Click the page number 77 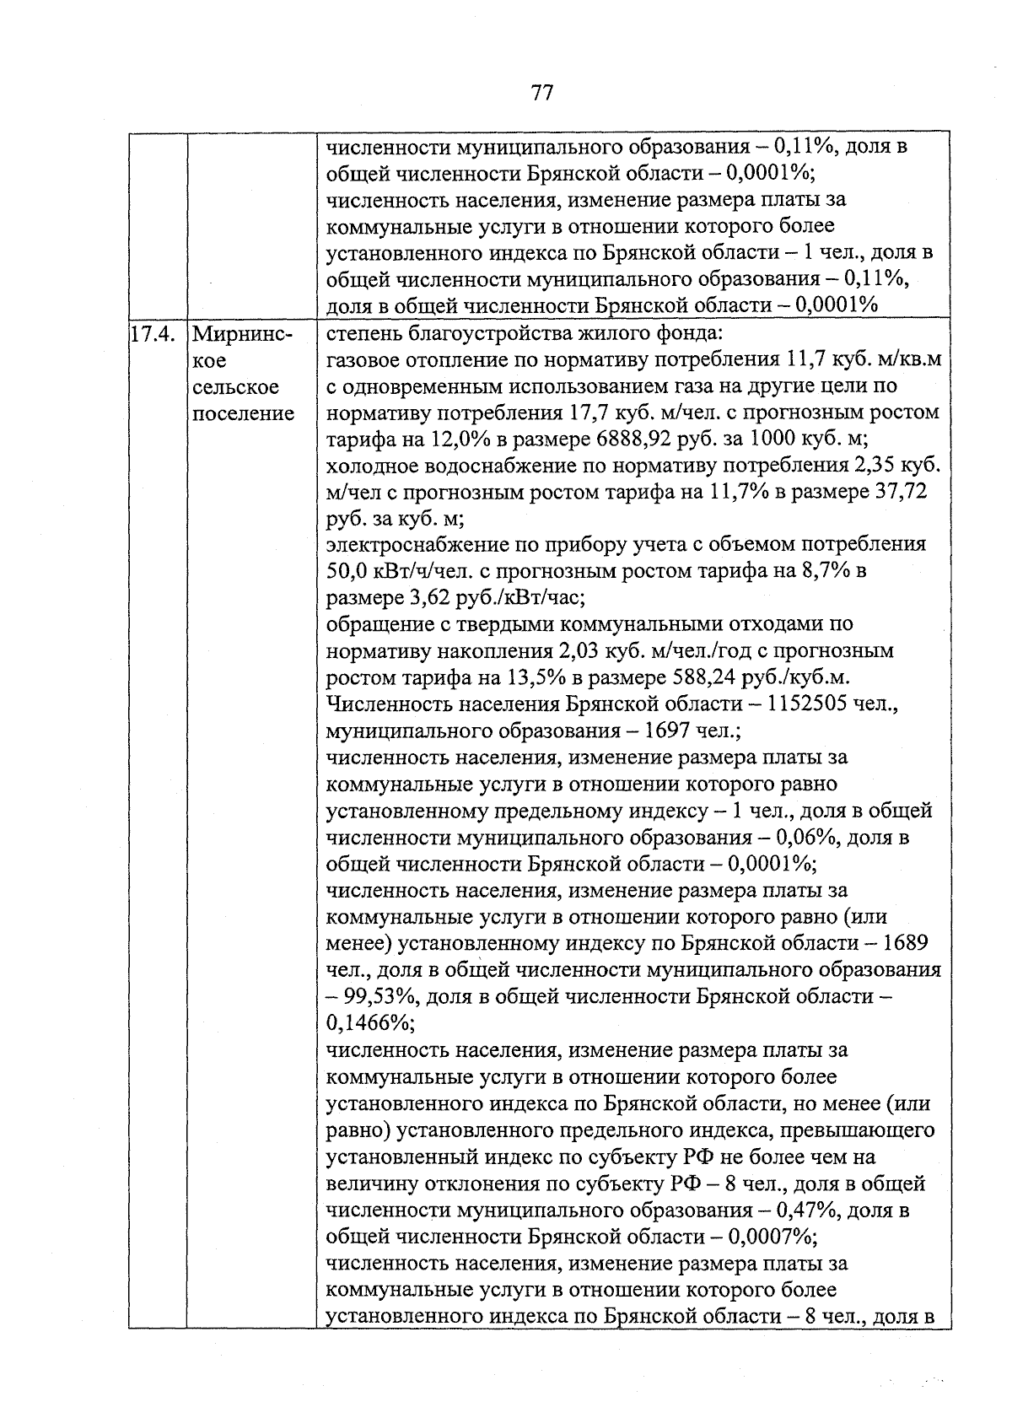pos(541,92)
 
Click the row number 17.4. pos(153,333)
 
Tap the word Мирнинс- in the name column pos(242,333)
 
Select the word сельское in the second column pos(235,387)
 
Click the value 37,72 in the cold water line pos(900,492)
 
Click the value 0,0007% pos(770,1237)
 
